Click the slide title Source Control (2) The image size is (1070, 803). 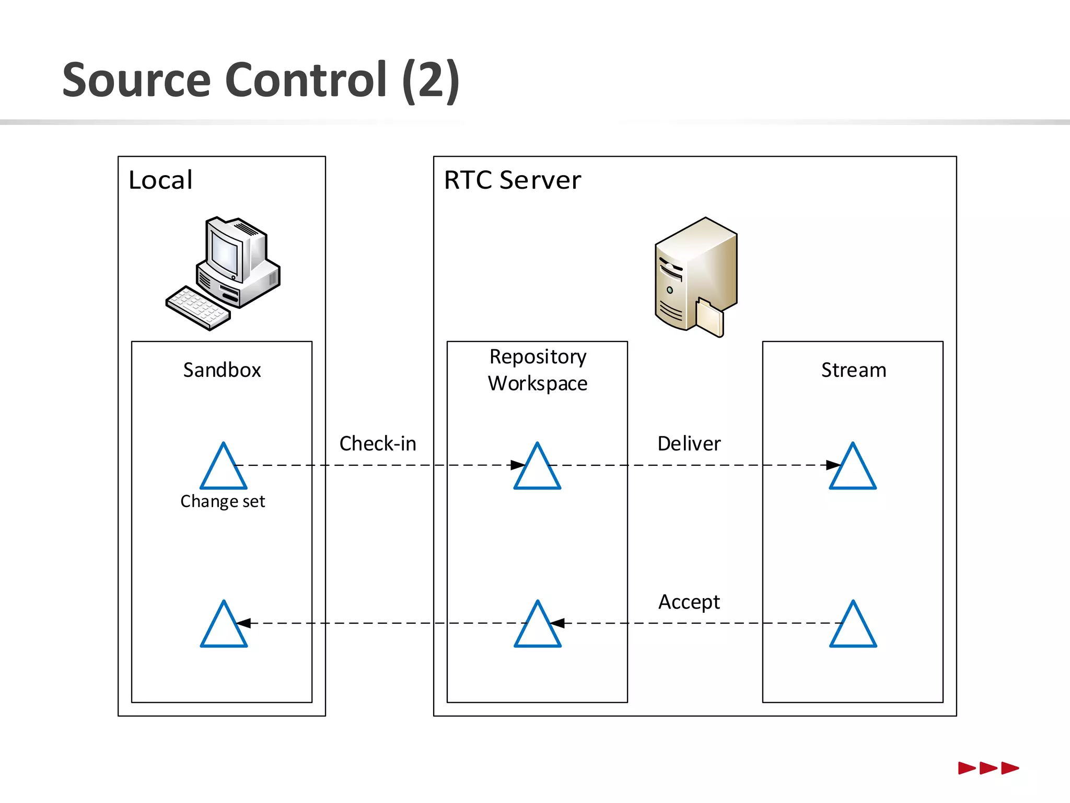(260, 79)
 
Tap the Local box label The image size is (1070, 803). (160, 180)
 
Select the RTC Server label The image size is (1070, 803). (512, 180)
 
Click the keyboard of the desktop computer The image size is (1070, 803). (198, 308)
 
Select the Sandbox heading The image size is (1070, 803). (222, 370)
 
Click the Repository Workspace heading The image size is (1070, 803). (538, 370)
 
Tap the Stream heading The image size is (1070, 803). (853, 370)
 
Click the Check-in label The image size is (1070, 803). (378, 443)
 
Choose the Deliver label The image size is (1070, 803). (689, 443)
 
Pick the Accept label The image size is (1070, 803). (689, 602)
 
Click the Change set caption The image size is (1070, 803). (223, 501)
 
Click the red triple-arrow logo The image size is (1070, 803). (988, 768)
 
